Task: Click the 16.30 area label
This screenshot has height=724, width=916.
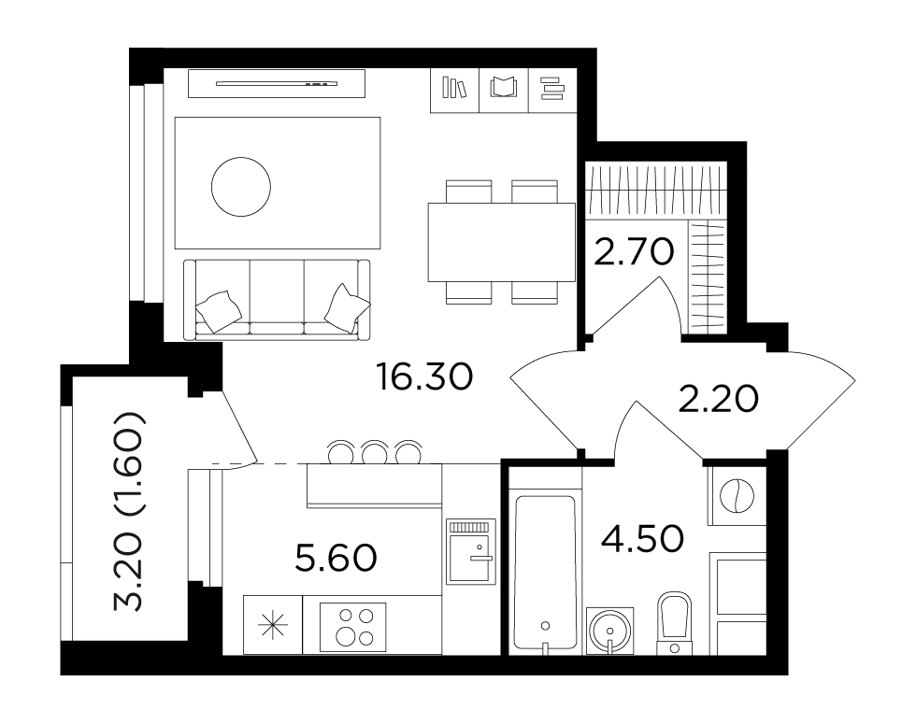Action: click(x=424, y=376)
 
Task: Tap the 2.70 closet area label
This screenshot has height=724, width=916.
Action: click(x=634, y=253)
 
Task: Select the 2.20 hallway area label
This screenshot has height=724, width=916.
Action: click(x=719, y=400)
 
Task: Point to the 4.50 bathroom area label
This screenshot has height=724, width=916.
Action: click(x=642, y=538)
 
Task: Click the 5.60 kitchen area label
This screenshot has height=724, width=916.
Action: click(x=336, y=558)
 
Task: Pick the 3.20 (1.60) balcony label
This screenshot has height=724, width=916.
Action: click(x=128, y=512)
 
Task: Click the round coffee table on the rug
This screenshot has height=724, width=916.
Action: click(x=241, y=187)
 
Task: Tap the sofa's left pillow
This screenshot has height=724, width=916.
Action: click(x=219, y=311)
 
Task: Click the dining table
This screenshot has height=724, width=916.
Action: click(x=501, y=242)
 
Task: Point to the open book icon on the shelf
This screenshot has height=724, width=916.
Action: click(x=503, y=88)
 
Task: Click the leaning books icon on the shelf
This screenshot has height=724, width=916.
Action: click(x=454, y=88)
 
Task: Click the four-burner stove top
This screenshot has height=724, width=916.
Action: click(x=353, y=627)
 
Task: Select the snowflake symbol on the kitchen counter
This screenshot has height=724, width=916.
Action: click(x=273, y=627)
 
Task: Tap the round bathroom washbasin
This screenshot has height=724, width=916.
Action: click(x=609, y=632)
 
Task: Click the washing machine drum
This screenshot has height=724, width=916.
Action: click(x=737, y=496)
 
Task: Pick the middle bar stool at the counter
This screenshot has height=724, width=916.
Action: click(x=375, y=451)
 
